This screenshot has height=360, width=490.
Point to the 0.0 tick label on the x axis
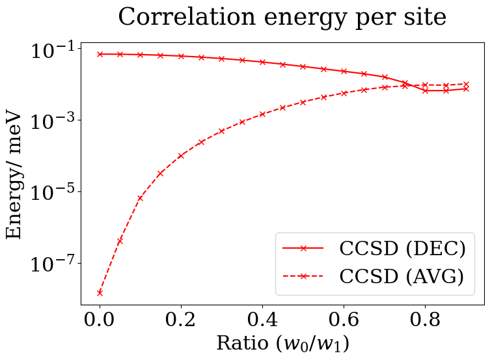tap(100, 320)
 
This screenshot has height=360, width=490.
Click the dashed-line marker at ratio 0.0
tap(100, 293)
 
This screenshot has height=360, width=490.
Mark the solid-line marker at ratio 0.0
tap(100, 54)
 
